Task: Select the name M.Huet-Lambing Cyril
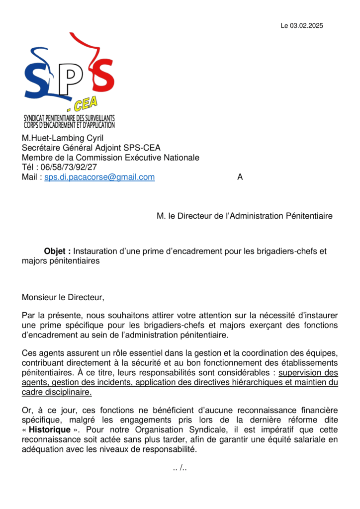pos(62,138)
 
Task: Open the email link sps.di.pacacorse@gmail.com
pos(99,177)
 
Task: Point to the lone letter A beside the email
pos(240,177)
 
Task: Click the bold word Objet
pos(57,251)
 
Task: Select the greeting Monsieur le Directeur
pos(63,298)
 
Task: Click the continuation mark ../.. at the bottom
pos(180,468)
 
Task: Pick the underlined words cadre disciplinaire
pos(57,392)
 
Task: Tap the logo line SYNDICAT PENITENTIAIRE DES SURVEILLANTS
pos(69,118)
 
